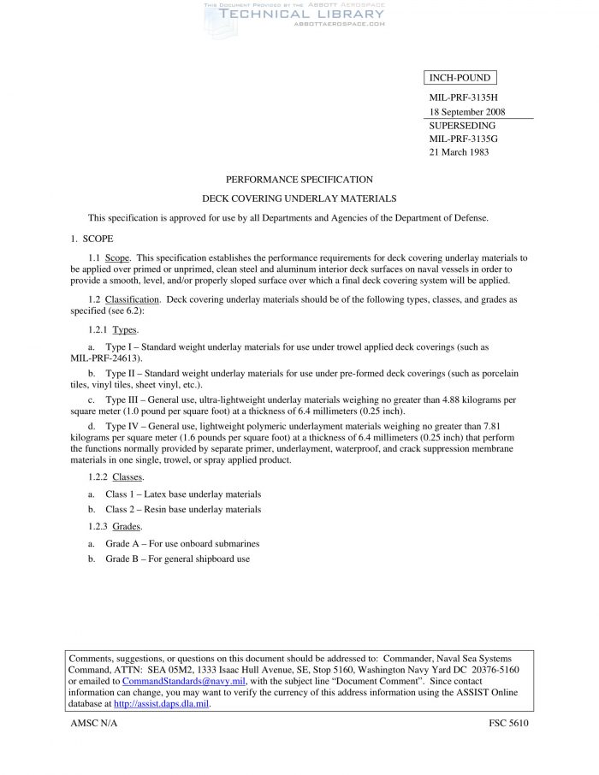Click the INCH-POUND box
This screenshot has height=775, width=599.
coord(459,79)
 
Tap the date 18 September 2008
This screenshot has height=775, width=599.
coord(466,112)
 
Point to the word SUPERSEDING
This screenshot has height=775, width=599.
coord(462,125)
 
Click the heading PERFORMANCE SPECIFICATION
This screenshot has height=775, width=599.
coord(299,180)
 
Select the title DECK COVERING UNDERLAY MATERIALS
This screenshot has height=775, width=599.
coord(299,198)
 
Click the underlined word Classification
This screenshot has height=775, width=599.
coord(137,299)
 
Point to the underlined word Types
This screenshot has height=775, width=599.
coord(125,329)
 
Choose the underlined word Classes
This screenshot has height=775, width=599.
coord(128,476)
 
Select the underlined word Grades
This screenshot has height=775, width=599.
coord(127,526)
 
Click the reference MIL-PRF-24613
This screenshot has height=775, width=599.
coord(104,358)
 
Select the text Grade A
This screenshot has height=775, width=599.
coord(123,543)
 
